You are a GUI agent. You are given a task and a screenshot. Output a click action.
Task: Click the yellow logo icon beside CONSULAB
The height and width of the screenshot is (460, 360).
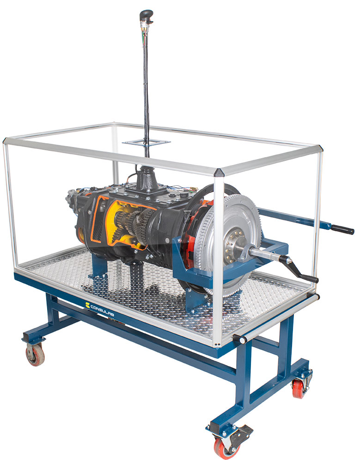(x=87, y=305)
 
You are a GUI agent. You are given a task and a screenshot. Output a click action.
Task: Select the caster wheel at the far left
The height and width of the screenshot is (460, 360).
(x=35, y=355)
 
